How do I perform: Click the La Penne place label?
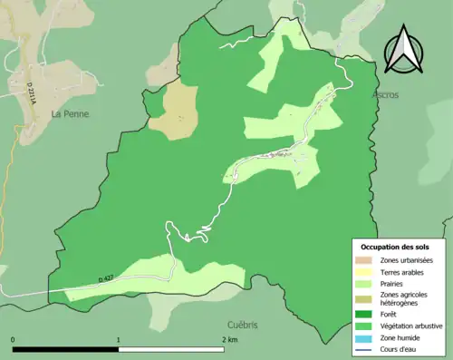click(x=69, y=114)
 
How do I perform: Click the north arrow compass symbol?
click(x=404, y=50)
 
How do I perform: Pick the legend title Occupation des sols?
click(x=397, y=246)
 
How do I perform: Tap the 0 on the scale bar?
click(x=14, y=339)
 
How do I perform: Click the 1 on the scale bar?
click(x=119, y=339)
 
